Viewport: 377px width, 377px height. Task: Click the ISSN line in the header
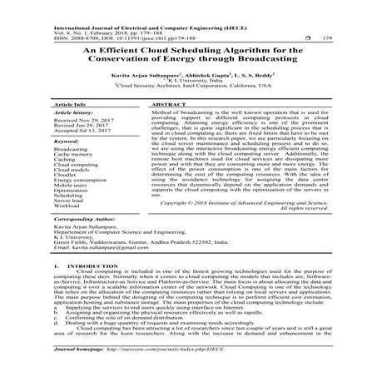(x=108, y=37)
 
